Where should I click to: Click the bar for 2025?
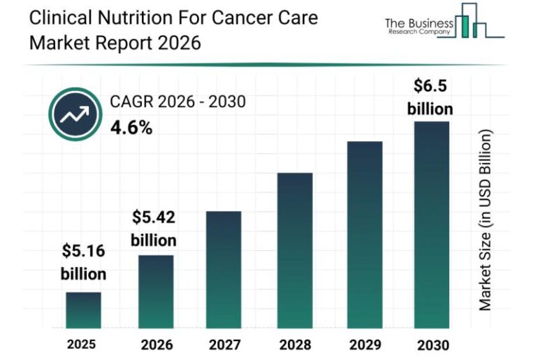click(x=83, y=310)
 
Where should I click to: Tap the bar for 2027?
click(x=224, y=270)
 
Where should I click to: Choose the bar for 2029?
click(x=364, y=235)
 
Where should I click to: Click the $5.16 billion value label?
click(x=83, y=261)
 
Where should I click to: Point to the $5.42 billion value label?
click(x=154, y=229)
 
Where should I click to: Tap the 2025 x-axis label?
click(x=82, y=345)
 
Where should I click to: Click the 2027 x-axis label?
click(x=224, y=345)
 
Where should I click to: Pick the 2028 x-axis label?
click(x=294, y=345)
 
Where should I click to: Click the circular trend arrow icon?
click(x=74, y=114)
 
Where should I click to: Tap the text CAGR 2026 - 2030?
click(x=177, y=102)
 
